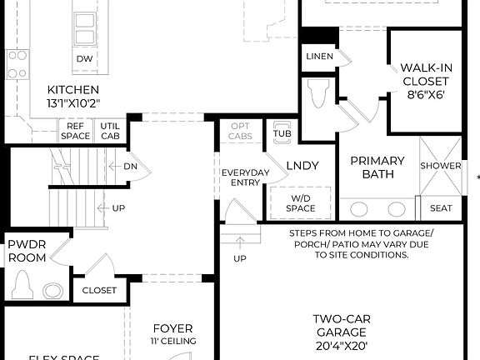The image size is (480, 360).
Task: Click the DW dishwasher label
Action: pyautogui.click(x=84, y=59)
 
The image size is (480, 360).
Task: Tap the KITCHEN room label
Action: pyautogui.click(x=73, y=90)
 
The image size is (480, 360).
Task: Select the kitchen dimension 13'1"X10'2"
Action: pyautogui.click(x=73, y=104)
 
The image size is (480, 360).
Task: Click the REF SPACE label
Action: pyautogui.click(x=76, y=130)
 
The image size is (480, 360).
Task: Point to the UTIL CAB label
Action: pyautogui.click(x=110, y=130)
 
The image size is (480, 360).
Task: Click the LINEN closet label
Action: pyautogui.click(x=319, y=57)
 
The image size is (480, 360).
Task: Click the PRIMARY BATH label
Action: pyautogui.click(x=377, y=167)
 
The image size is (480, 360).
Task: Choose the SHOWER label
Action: pyautogui.click(x=440, y=166)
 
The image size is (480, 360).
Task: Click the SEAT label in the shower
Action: pyautogui.click(x=440, y=208)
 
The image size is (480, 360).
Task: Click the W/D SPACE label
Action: pyautogui.click(x=301, y=202)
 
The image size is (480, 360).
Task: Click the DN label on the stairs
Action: pyautogui.click(x=130, y=166)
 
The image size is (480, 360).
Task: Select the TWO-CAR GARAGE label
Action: pyautogui.click(x=341, y=332)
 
